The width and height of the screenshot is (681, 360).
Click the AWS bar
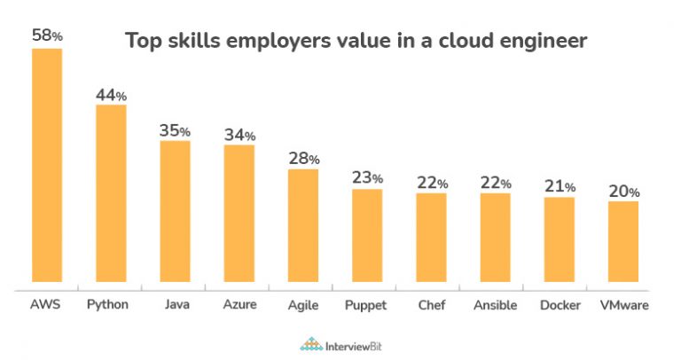(47, 168)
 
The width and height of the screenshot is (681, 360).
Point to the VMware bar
(622, 245)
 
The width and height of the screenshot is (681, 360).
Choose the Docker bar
(559, 242)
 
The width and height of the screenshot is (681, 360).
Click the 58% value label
(47, 35)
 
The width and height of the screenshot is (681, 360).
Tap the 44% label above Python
(111, 93)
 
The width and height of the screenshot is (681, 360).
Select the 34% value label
(239, 134)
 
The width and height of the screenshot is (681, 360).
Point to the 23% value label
(366, 177)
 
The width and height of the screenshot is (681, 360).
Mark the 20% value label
(622, 190)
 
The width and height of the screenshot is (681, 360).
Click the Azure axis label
(239, 305)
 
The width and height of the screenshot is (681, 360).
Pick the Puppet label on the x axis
(366, 306)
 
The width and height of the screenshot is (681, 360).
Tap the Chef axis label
(431, 305)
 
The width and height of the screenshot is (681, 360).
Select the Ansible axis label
(495, 305)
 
